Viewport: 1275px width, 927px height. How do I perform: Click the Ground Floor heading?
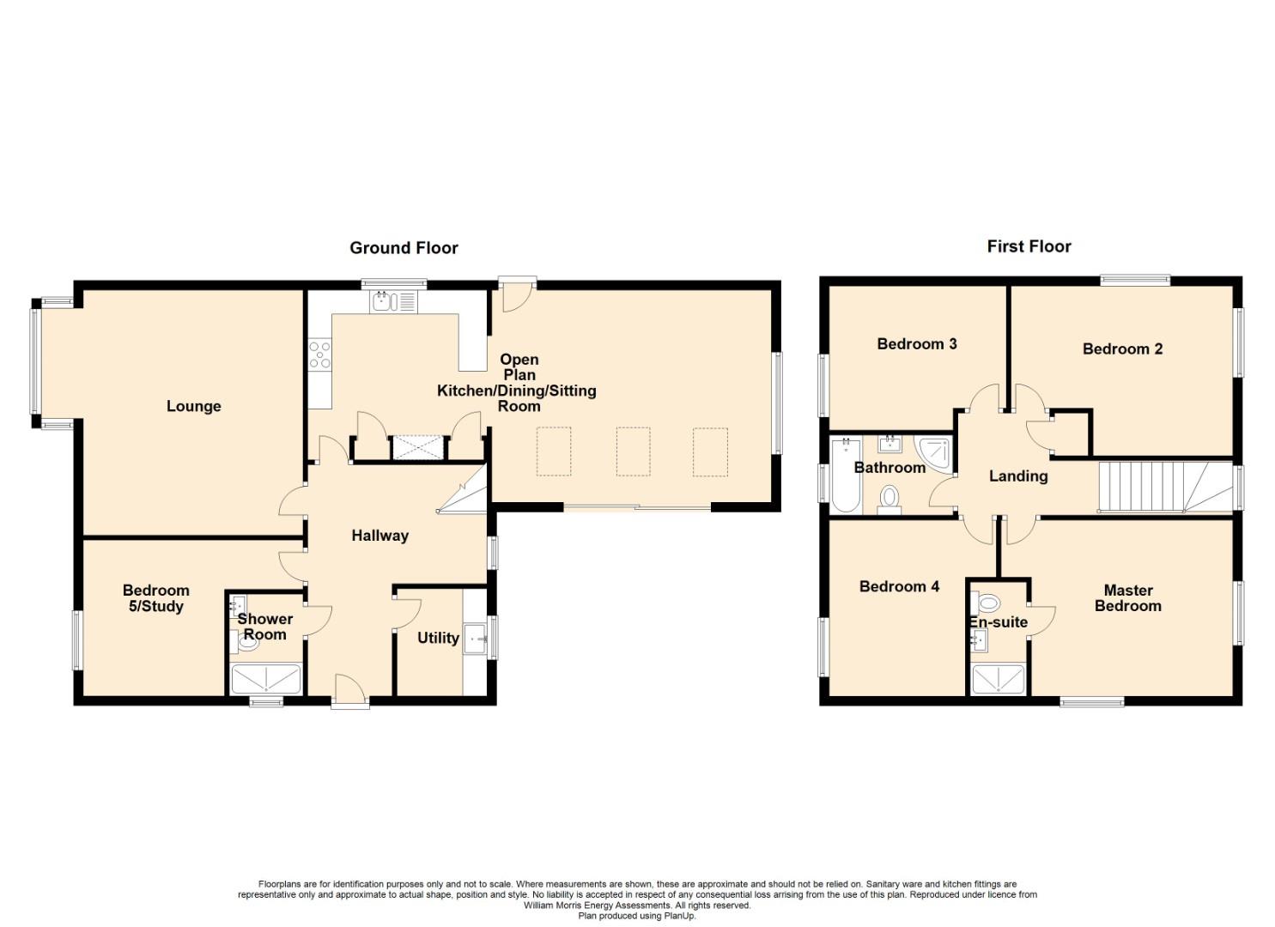tap(404, 248)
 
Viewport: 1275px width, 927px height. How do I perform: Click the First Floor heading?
tap(1029, 246)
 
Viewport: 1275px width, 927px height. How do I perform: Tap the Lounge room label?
tap(193, 406)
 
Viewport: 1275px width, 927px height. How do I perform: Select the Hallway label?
tap(379, 536)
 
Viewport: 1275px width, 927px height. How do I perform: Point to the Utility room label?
tap(438, 638)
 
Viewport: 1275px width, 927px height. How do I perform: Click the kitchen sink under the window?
tap(393, 301)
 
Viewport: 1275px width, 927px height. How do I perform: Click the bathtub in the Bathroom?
tap(846, 476)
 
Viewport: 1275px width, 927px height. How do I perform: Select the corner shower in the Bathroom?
tap(933, 455)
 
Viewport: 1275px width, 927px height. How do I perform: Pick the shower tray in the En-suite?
tap(998, 679)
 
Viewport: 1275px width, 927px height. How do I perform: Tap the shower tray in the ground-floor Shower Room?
tap(266, 679)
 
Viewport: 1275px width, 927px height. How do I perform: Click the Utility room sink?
tap(476, 639)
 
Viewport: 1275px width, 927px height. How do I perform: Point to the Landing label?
tap(1018, 476)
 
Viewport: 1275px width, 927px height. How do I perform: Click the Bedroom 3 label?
tap(916, 343)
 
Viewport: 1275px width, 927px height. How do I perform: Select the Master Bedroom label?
tap(1127, 598)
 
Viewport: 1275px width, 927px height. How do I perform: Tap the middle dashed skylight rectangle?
tap(633, 451)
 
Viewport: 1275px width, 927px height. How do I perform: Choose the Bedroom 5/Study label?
tap(156, 598)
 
